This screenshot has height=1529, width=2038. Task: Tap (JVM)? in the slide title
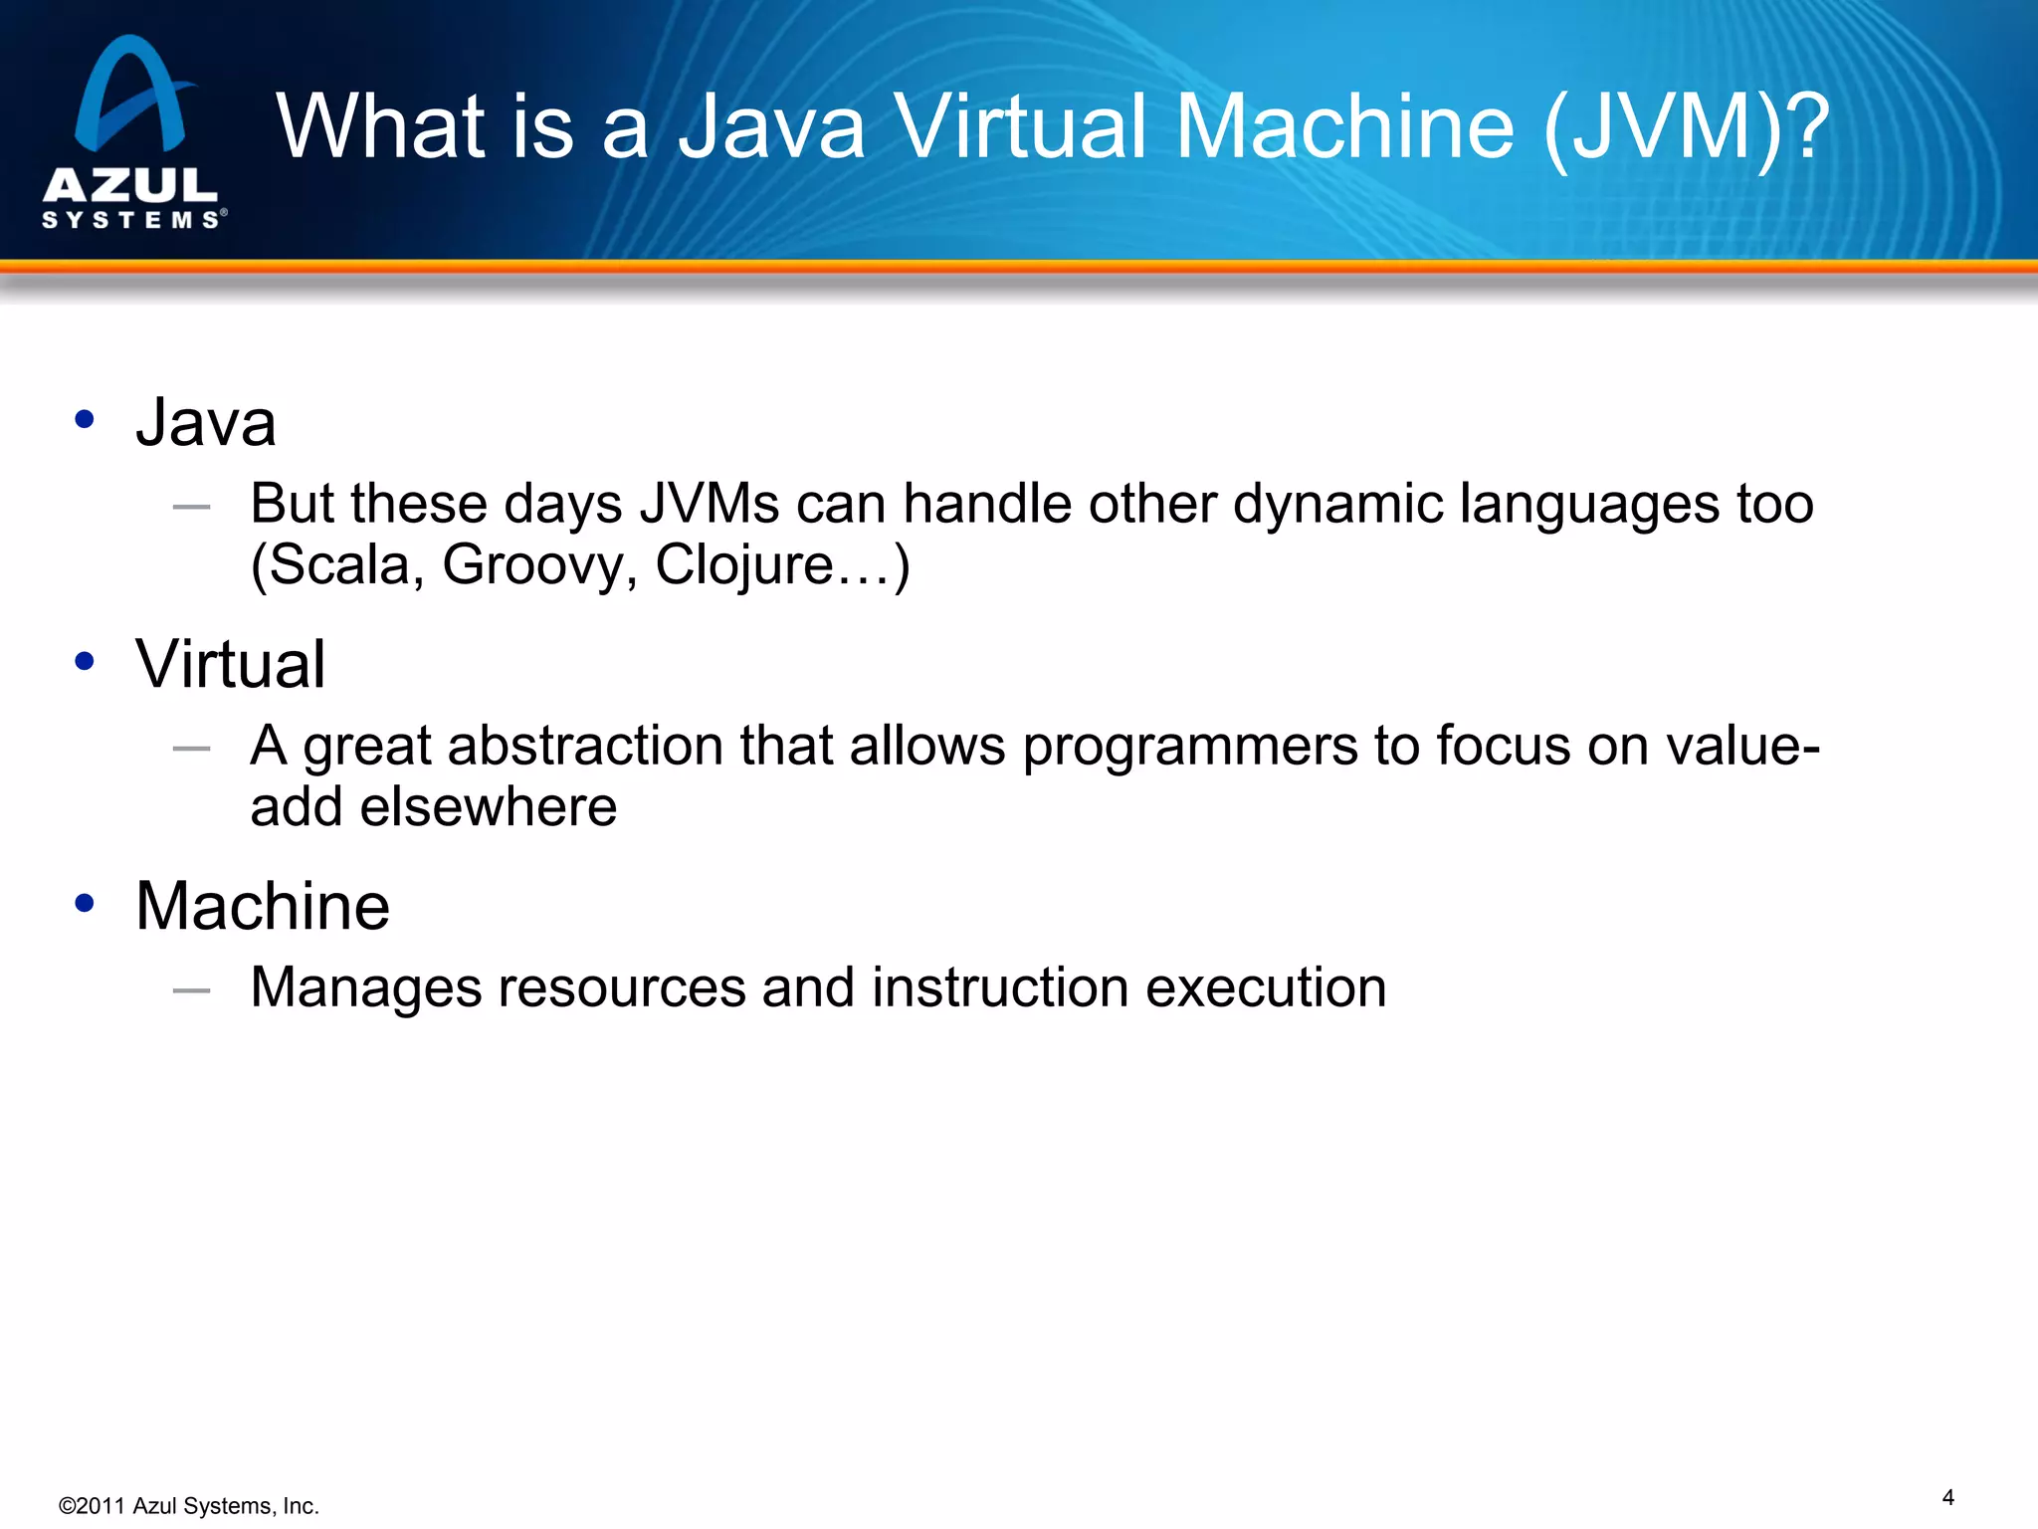point(1686,126)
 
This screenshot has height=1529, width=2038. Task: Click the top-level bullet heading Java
point(206,422)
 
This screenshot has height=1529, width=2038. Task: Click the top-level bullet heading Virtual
point(230,664)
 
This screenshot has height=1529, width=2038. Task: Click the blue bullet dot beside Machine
point(85,903)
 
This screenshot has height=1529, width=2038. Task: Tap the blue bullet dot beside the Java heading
point(85,419)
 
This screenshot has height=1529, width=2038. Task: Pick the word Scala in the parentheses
point(338,565)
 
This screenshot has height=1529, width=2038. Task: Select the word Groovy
point(538,565)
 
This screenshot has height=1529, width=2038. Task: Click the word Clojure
point(744,565)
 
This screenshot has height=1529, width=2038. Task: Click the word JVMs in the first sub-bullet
point(709,504)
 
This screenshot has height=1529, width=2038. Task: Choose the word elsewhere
point(488,806)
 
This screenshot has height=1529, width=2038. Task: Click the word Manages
point(365,988)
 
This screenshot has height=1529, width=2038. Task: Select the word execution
point(1266,987)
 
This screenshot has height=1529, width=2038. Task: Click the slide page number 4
point(1947,1497)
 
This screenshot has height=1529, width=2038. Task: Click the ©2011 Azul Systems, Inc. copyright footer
point(189,1506)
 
